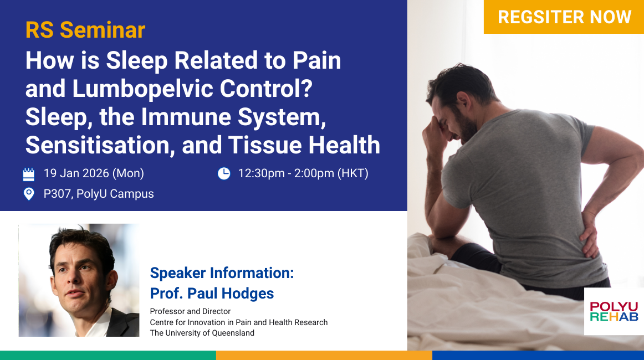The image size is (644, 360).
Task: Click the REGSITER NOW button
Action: [x=564, y=17]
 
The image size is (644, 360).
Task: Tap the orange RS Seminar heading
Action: [x=85, y=30]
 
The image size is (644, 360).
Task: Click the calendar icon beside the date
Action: [x=29, y=174]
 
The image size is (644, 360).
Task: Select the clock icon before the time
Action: [x=224, y=174]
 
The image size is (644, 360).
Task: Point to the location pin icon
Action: [x=29, y=194]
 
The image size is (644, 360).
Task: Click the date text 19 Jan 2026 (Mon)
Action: [x=94, y=173]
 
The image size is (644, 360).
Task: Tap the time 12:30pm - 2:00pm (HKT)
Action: [x=303, y=173]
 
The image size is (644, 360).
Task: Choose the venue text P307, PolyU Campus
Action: [x=99, y=194]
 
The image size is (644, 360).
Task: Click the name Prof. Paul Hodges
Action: [x=212, y=294]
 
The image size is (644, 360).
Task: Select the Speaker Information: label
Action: [x=222, y=273]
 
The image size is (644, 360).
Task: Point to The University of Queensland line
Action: [x=202, y=333]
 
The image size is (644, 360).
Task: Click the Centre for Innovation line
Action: [x=239, y=322]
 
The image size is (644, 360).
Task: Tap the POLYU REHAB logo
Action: [x=614, y=312]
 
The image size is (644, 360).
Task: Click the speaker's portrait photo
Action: [x=79, y=280]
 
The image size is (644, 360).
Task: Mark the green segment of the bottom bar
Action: [x=108, y=356]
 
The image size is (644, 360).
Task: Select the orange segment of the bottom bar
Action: [x=324, y=356]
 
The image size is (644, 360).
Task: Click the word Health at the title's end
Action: [x=344, y=145]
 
